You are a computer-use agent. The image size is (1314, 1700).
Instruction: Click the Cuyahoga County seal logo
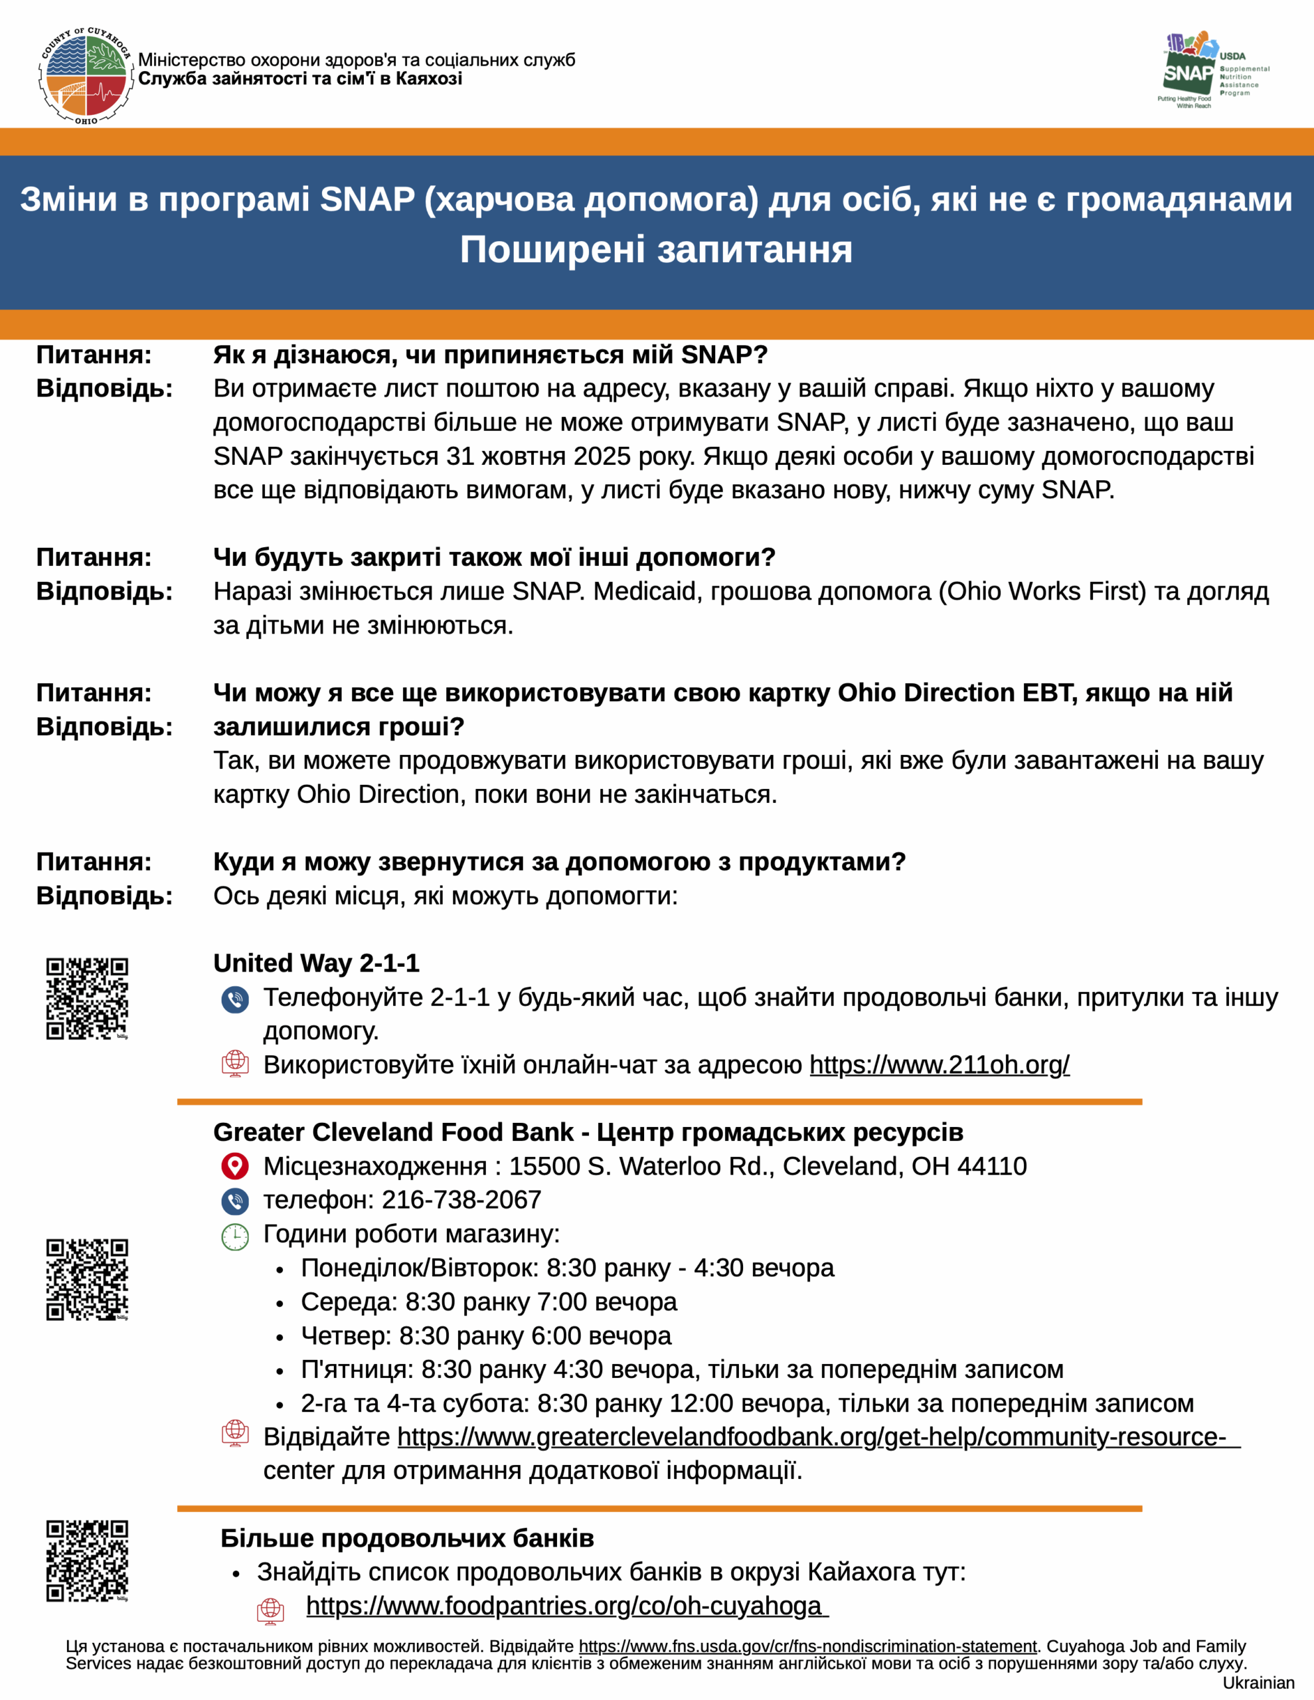coord(85,76)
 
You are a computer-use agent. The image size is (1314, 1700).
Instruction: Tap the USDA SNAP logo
coord(1211,70)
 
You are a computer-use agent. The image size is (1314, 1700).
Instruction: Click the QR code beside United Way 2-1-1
coord(86,999)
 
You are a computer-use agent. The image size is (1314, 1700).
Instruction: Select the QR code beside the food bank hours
coord(86,1280)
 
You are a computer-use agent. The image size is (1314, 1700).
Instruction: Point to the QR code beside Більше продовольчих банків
coord(86,1561)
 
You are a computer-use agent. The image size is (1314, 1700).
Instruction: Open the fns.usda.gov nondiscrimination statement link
coord(807,1646)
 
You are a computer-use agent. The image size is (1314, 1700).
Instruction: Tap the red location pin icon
coord(235,1166)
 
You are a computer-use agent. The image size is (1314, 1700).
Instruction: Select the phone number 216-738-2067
coord(461,1200)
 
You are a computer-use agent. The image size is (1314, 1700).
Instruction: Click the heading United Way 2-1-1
coord(316,964)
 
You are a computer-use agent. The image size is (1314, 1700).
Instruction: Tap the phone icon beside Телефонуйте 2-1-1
coord(235,999)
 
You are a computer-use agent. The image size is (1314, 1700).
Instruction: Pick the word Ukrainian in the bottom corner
coord(1258,1683)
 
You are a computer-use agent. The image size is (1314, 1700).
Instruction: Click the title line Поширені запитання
coord(656,250)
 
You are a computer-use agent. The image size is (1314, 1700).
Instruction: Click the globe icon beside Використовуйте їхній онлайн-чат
coord(235,1064)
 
